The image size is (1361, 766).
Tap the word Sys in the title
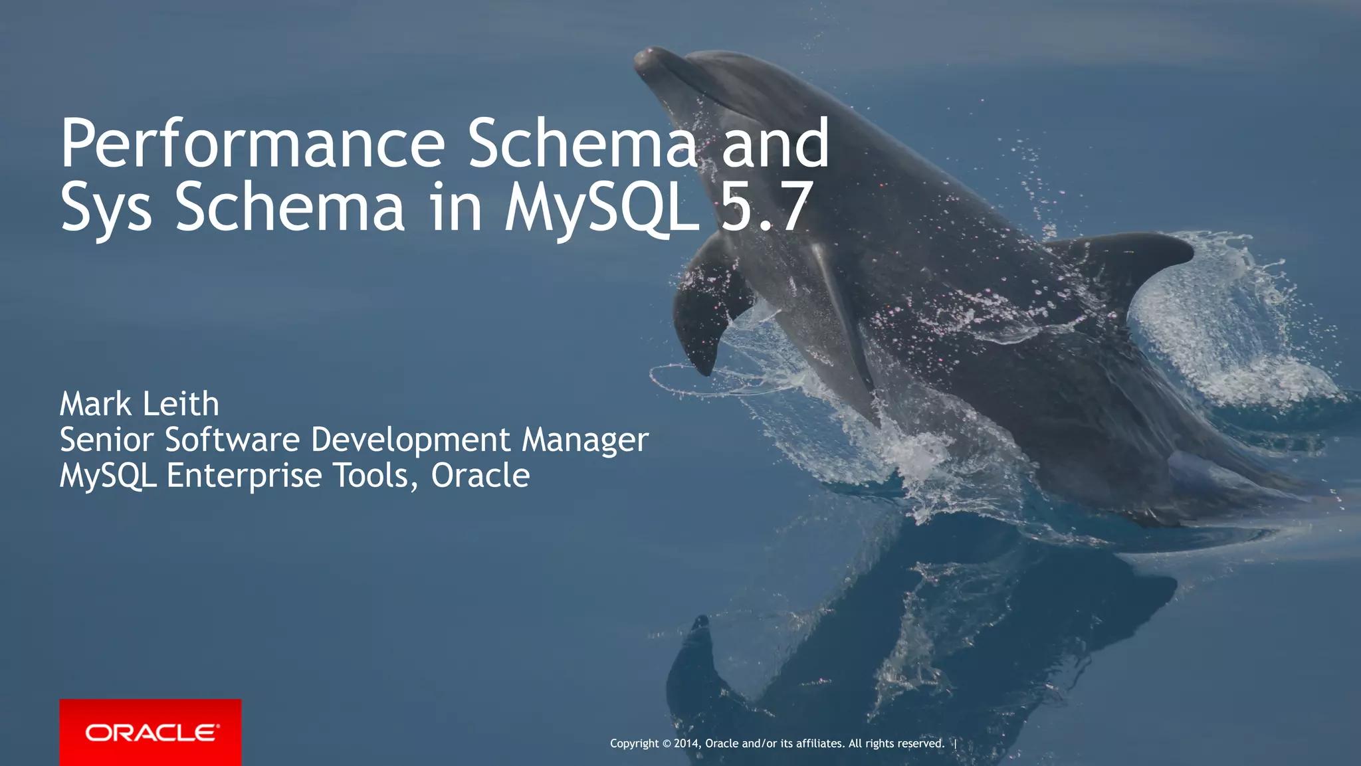coord(106,207)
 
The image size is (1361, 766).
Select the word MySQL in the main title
coord(602,207)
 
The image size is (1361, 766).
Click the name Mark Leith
coord(140,404)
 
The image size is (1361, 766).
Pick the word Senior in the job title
coord(107,440)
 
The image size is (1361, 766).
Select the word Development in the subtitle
coord(411,440)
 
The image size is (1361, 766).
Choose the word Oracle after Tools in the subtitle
coord(480,476)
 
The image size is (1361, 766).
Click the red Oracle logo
coord(150,732)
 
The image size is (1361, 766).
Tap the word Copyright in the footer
coord(635,743)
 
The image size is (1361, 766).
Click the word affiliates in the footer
coord(820,743)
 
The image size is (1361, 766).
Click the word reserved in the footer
coord(920,743)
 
